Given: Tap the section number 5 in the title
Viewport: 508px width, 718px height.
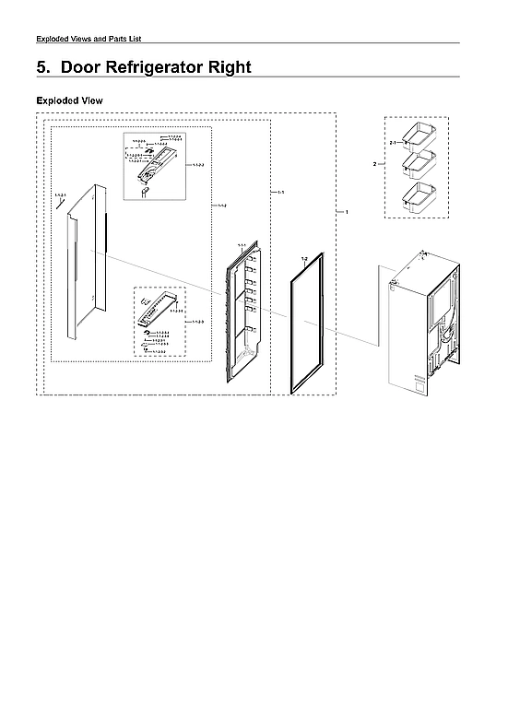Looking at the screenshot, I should tap(41, 67).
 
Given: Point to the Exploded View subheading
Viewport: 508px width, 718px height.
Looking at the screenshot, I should tap(69, 100).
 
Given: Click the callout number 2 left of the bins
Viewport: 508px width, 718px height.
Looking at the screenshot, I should tap(374, 164).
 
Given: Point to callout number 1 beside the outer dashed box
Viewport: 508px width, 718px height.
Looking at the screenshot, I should tap(346, 212).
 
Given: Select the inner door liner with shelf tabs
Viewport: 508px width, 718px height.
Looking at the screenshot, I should tap(245, 313).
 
